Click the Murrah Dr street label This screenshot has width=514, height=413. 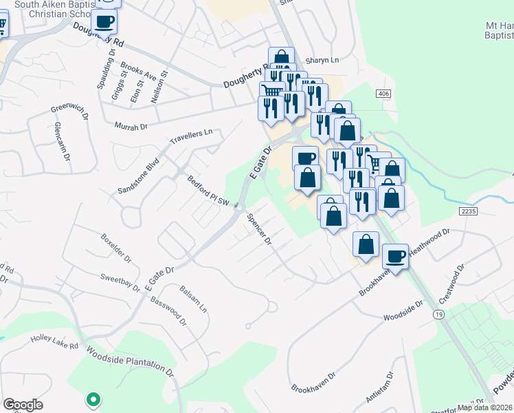(133, 127)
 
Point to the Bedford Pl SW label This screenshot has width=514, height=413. (208, 191)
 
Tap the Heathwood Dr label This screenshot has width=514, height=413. (429, 243)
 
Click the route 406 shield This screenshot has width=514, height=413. (383, 93)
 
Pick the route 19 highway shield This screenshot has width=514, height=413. (437, 314)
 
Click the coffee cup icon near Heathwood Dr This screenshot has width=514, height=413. (395, 256)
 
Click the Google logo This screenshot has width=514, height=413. (23, 405)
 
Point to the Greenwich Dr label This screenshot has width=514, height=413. (70, 109)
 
